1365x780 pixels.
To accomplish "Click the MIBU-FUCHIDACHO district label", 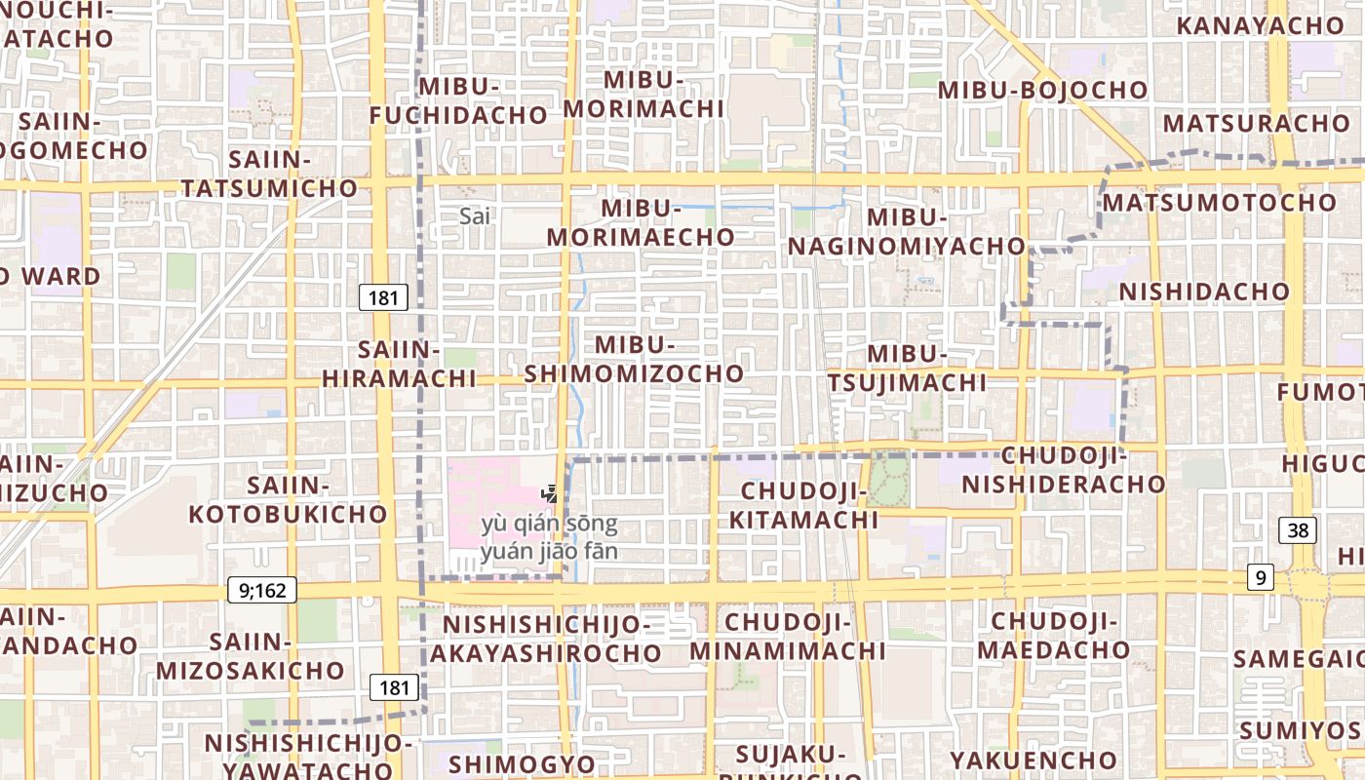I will pos(458,100).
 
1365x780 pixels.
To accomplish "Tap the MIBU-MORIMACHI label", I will pos(643,94).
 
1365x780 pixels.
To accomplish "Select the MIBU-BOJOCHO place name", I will pos(1043,90).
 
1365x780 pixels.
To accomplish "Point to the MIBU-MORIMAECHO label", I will pos(641,222).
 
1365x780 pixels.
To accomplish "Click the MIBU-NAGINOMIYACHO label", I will pos(907,232).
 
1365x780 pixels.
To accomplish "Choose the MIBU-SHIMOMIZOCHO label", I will pos(635,359).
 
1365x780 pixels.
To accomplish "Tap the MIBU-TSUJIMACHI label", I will pos(908,368).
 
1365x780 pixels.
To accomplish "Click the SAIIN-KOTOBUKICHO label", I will pos(289,499).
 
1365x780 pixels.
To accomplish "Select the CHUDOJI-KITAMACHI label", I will pos(804,505).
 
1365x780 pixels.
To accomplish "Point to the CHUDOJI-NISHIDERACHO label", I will pos(1065,470).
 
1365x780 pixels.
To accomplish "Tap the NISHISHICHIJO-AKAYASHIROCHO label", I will pos(546,639).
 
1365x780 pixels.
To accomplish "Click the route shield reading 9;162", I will pos(262,589).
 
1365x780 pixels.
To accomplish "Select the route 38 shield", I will pos(1299,530).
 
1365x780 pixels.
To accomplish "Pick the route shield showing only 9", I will pos(1261,578).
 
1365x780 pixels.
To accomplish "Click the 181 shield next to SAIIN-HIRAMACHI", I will pos(383,297).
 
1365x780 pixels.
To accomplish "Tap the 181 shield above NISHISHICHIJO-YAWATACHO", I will pos(394,687).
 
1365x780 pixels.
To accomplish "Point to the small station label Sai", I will pos(475,216).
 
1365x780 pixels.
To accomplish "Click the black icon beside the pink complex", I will pos(550,494).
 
